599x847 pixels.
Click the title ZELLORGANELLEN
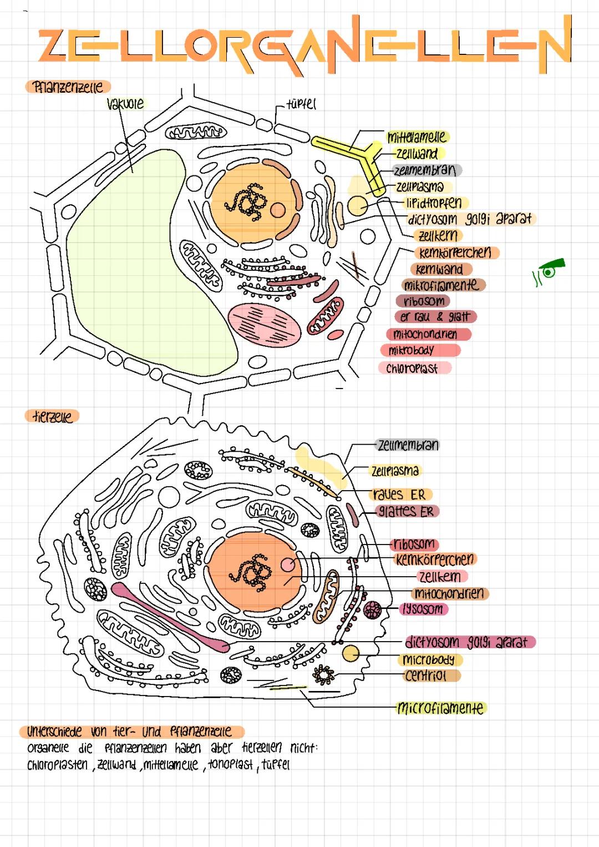[304, 46]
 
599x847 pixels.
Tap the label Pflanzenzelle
[68, 87]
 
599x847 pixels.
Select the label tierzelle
[52, 416]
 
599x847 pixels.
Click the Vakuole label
[125, 104]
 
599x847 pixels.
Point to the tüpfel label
[301, 104]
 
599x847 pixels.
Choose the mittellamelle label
[417, 137]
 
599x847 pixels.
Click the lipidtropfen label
[434, 203]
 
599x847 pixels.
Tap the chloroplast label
[413, 369]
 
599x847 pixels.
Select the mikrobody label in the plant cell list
[412, 351]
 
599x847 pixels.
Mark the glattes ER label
[406, 511]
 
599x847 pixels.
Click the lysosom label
[423, 609]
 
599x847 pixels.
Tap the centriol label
[425, 676]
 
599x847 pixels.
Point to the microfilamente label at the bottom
[440, 708]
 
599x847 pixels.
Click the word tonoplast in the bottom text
[230, 765]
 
